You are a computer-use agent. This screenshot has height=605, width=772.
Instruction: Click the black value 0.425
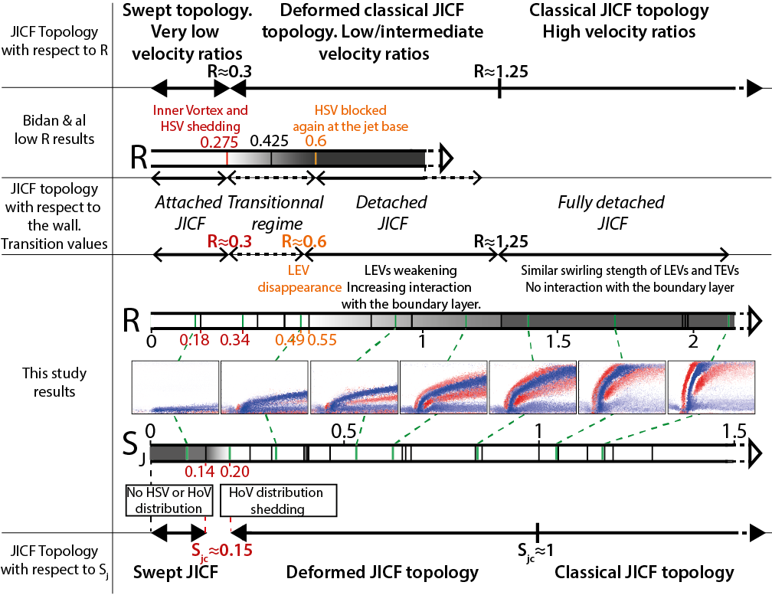269,142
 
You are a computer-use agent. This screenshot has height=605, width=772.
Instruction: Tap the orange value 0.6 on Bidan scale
316,142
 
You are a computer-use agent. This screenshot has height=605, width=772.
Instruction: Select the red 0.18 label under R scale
195,338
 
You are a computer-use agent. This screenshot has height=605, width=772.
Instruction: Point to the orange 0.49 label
288,338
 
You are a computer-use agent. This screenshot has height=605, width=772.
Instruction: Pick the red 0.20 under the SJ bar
236,472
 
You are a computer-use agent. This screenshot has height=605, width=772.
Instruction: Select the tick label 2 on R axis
692,339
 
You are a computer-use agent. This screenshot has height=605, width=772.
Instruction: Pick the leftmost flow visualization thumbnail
175,386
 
